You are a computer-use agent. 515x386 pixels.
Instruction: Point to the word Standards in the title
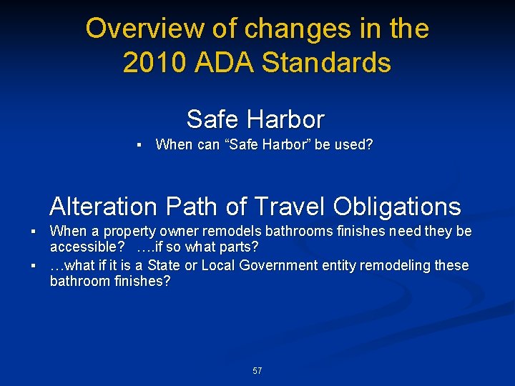point(327,63)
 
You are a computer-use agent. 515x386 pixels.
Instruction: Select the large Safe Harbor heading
point(255,119)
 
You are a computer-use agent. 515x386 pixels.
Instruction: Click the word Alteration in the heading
point(102,207)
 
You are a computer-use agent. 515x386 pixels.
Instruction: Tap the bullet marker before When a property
point(33,232)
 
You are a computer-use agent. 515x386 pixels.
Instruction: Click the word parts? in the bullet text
point(240,247)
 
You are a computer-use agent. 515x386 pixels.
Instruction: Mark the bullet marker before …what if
point(33,266)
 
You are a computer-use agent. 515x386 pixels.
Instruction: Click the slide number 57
point(257,371)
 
